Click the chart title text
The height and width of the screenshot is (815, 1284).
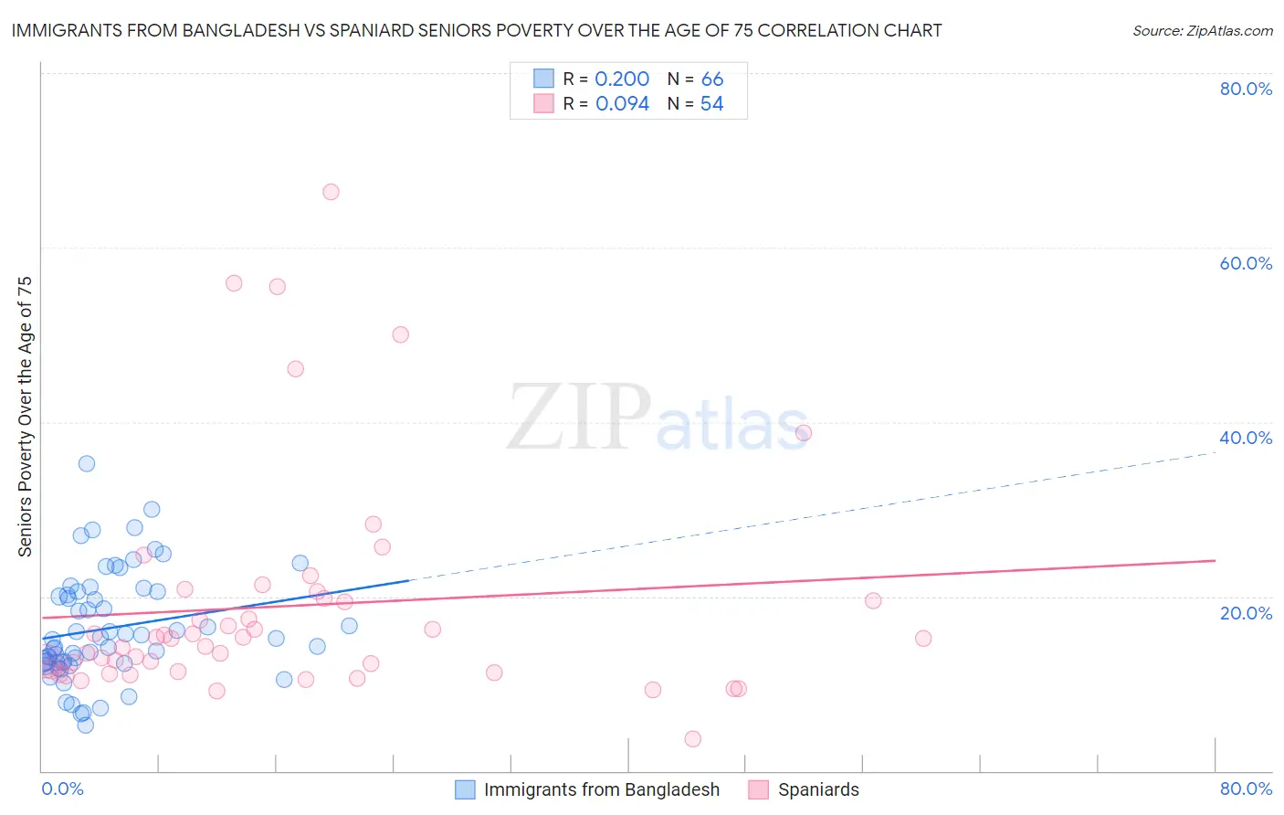[x=477, y=30]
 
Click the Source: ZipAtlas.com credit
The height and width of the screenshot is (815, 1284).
[x=1202, y=30]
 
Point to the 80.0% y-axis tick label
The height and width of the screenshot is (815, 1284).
[x=1246, y=89]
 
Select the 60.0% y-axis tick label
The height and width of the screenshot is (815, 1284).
[x=1246, y=263]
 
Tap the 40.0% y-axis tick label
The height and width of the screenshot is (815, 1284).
[x=1246, y=438]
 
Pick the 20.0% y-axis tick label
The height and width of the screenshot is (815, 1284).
[x=1246, y=612]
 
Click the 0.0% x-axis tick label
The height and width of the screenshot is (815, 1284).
[x=62, y=789]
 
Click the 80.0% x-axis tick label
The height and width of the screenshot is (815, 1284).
[x=1246, y=789]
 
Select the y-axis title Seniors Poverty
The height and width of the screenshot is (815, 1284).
[x=26, y=416]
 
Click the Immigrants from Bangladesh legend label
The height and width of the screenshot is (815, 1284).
[x=601, y=789]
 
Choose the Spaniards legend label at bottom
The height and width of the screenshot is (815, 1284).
[x=818, y=789]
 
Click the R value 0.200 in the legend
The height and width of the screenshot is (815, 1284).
[x=622, y=79]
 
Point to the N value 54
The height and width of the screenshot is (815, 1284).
[x=711, y=104]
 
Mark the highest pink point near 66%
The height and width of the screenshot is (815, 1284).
[x=331, y=192]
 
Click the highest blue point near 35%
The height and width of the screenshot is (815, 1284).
[x=87, y=463]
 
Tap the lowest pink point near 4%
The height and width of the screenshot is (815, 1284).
[x=693, y=739]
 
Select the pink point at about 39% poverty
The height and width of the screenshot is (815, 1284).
[x=804, y=433]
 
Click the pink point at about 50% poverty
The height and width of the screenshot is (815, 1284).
[x=400, y=334]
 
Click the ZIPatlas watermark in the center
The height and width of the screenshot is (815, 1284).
[x=658, y=418]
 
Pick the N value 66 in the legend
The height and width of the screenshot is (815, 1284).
[x=712, y=79]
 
